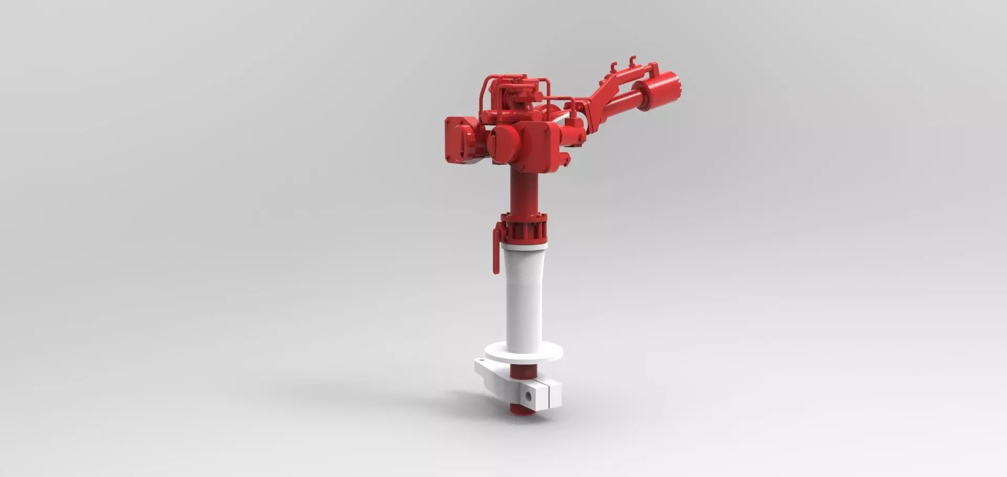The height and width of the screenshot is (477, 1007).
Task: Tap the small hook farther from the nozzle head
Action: pyautogui.click(x=614, y=67)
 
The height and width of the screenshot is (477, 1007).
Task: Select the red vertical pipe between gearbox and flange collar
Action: pyautogui.click(x=523, y=192)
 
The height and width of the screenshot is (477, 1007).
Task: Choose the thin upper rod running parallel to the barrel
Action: pyautogui.click(x=629, y=77)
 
